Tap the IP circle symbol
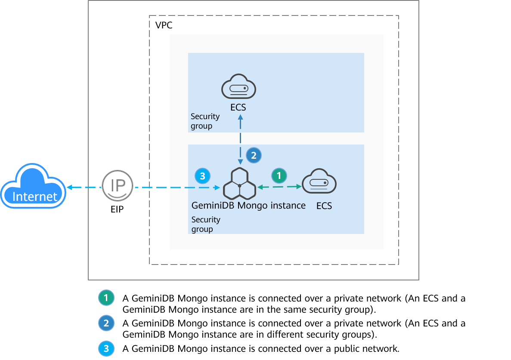[x=118, y=186]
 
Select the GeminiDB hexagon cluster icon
[x=239, y=185]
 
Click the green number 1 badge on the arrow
[x=279, y=175]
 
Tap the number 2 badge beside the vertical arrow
[x=254, y=156]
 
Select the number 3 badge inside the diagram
[x=203, y=175]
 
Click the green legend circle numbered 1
[x=106, y=298]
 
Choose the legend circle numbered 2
[x=106, y=323]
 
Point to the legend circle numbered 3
[x=106, y=348]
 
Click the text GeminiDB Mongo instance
[x=248, y=206]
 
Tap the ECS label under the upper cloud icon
[x=238, y=108]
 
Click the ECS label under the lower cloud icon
[x=324, y=206]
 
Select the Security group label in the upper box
[x=205, y=121]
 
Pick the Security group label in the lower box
[x=206, y=224]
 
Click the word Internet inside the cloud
[x=35, y=197]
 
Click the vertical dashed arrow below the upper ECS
[x=240, y=138]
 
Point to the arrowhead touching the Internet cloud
[x=69, y=188]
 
